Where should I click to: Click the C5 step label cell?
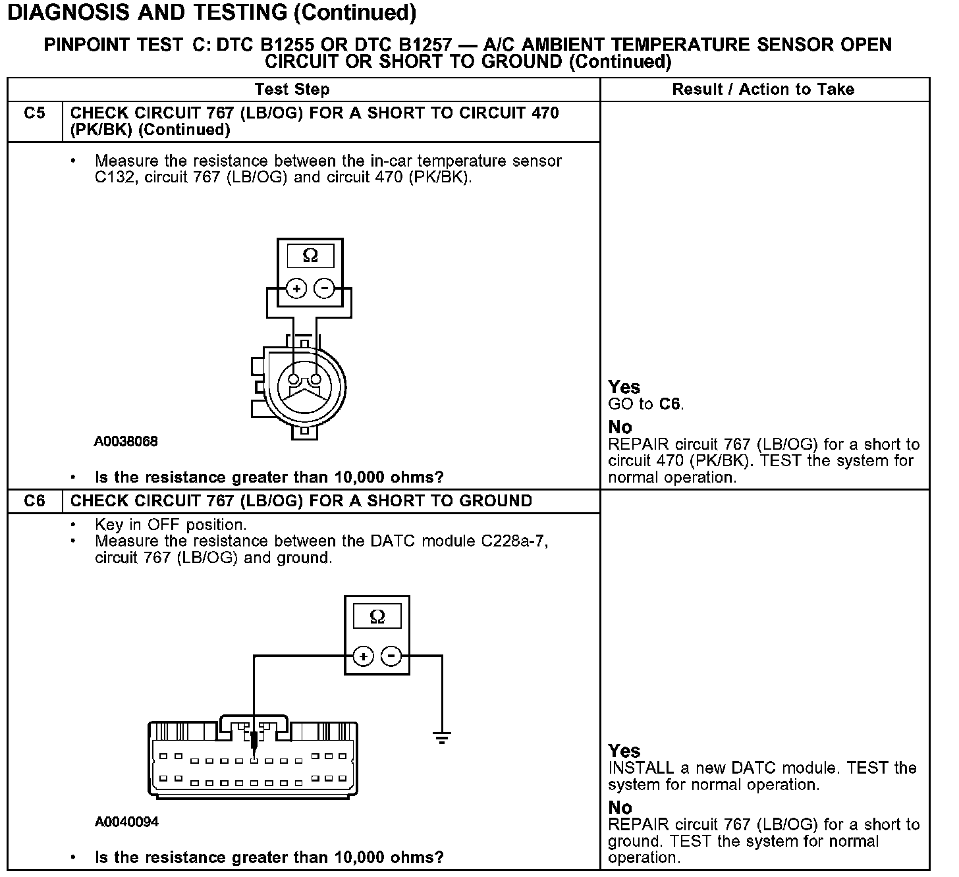point(34,113)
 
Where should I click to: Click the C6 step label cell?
point(34,501)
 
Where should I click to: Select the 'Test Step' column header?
point(292,90)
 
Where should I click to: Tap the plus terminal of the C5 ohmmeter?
point(296,288)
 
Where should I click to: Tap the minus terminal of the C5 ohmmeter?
point(323,288)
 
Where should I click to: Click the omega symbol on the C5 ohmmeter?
point(310,255)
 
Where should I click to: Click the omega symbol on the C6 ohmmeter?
point(377,617)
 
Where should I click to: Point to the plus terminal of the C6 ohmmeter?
point(364,656)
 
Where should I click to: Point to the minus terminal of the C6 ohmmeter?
point(391,656)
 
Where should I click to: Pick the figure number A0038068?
point(126,442)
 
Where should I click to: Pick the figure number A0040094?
point(126,822)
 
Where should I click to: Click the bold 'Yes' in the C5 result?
point(624,387)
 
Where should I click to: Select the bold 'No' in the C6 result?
point(620,808)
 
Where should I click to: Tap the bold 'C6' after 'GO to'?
point(669,404)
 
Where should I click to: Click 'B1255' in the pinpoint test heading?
point(287,45)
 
